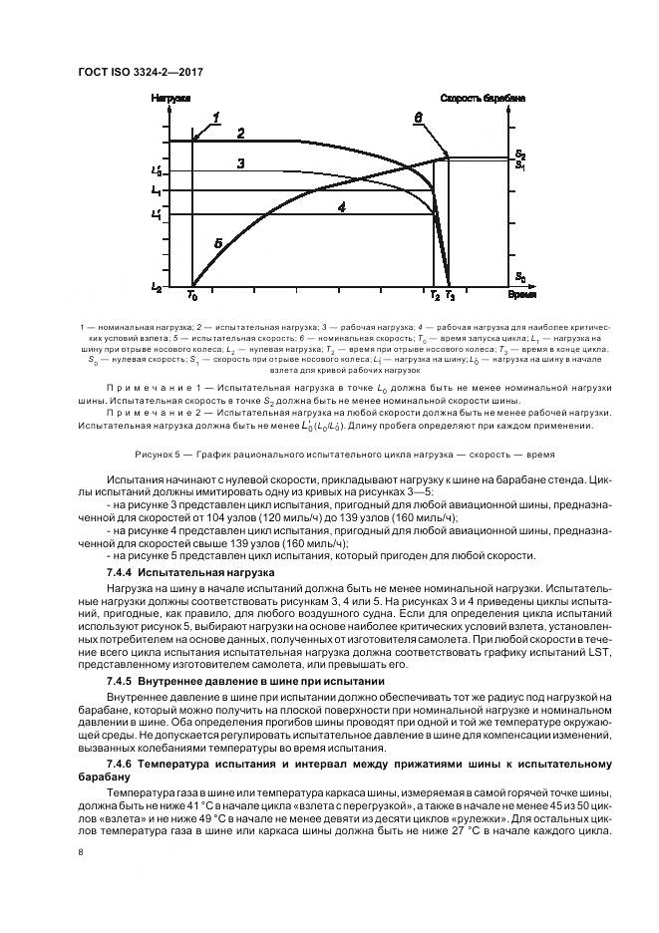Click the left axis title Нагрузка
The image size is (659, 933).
169,98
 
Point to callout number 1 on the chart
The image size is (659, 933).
214,119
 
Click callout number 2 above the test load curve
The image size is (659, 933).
240,133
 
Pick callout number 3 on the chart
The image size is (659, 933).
240,163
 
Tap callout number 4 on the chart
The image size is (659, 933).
341,207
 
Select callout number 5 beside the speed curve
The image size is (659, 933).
217,242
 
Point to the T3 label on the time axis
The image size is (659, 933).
450,297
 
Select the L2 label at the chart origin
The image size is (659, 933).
157,287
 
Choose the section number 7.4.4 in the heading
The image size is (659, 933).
121,572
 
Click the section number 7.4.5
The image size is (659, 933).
121,679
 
